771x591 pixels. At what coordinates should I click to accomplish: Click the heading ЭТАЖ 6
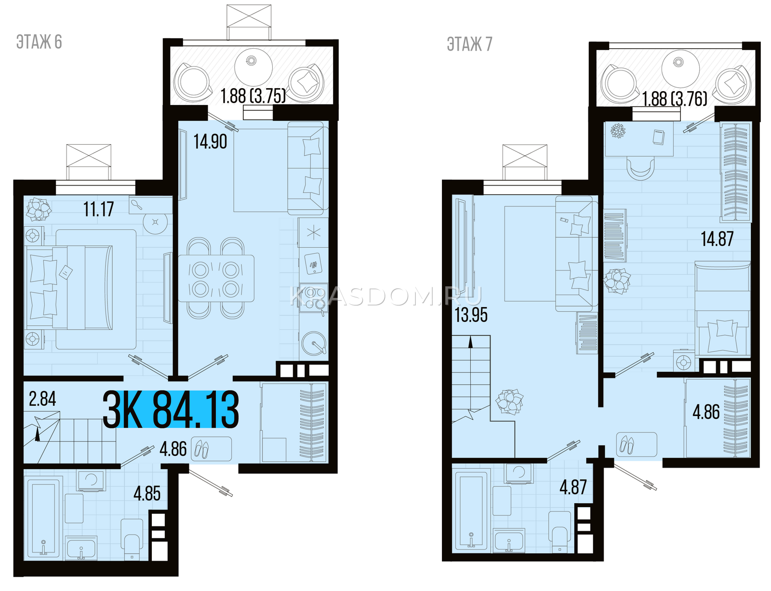[x=39, y=42]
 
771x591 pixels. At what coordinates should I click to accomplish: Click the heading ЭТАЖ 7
[x=469, y=44]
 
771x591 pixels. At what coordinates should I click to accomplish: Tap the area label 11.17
[x=99, y=209]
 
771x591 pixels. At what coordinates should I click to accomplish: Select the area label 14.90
[x=210, y=142]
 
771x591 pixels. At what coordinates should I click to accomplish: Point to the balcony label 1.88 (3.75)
[x=253, y=96]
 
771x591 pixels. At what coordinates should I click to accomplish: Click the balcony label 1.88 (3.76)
[x=675, y=99]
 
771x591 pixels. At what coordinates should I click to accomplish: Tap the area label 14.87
[x=717, y=239]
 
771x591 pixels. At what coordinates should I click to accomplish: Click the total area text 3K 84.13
[x=171, y=409]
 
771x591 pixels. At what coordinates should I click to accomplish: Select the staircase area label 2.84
[x=42, y=399]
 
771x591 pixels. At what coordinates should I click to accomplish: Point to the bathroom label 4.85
[x=147, y=494]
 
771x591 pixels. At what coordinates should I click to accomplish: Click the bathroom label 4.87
[x=573, y=487]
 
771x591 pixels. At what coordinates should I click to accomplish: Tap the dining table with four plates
[x=216, y=278]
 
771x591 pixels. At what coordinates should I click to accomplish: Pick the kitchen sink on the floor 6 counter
[x=314, y=343]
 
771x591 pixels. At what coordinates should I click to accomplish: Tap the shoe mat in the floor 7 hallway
[x=637, y=444]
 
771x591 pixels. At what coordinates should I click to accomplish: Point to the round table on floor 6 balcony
[x=253, y=67]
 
